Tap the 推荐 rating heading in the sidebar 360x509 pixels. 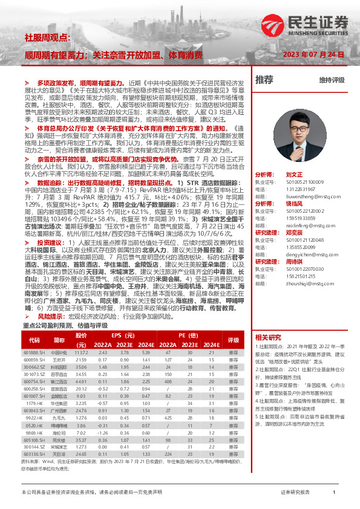tap(264, 79)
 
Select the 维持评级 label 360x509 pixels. tap(332, 80)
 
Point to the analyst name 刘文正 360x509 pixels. tap(293, 173)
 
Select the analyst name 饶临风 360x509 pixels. tap(293, 204)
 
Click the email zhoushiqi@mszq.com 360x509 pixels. tap(298, 283)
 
